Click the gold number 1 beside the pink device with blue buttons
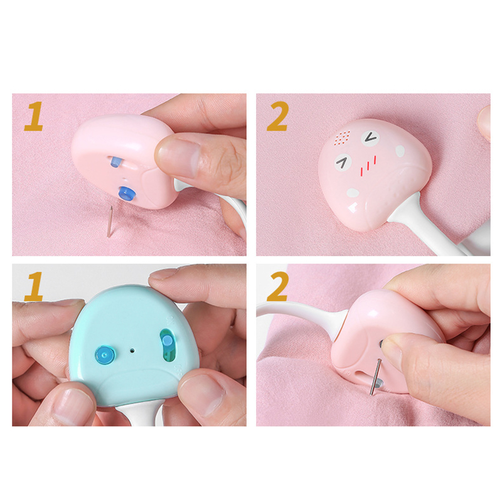[x=34, y=116]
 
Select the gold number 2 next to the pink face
[x=278, y=116]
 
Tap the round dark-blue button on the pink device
[x=127, y=194]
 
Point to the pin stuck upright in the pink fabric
[x=110, y=222]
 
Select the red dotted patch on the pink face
[x=343, y=138]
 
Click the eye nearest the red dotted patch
[x=371, y=137]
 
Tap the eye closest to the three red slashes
[x=343, y=162]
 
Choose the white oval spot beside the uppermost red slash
[x=400, y=151]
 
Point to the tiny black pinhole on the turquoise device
[x=131, y=351]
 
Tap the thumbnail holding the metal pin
[x=392, y=349]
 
